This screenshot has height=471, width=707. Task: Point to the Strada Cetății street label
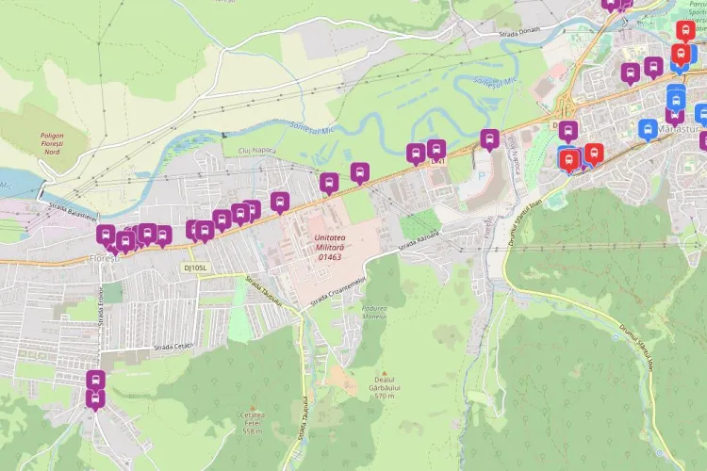point(173,347)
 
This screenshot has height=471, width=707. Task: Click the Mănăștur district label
point(683,128)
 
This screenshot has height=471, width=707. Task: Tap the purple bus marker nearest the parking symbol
point(489,138)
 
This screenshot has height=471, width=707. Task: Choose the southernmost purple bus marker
point(95,398)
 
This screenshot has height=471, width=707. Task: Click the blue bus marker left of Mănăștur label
point(648,128)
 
